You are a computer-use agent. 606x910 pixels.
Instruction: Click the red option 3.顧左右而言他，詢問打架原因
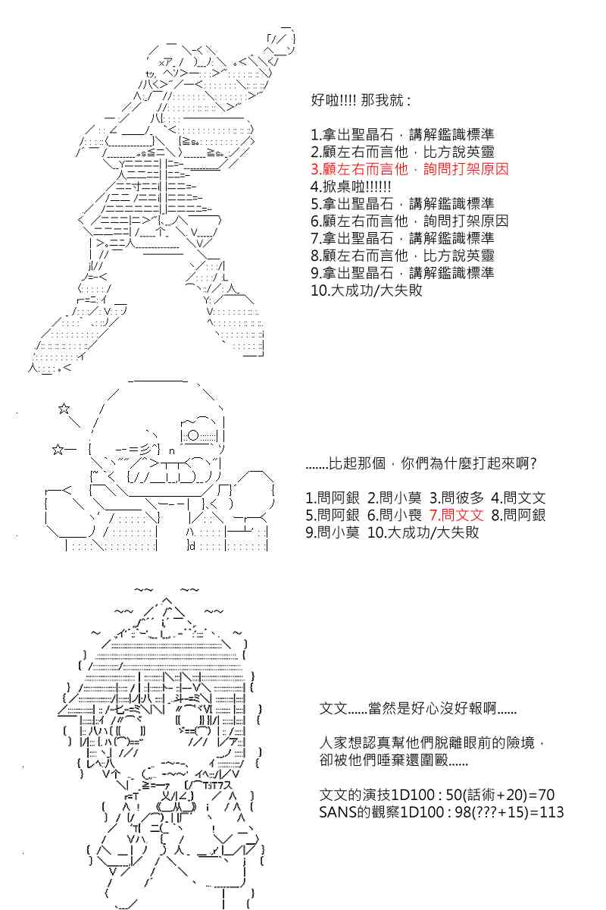click(410, 169)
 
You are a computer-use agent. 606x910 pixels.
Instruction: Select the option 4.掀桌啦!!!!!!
click(351, 187)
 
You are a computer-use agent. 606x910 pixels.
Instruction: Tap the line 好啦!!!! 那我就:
click(361, 100)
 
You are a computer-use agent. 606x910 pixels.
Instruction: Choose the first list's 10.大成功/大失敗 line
click(367, 290)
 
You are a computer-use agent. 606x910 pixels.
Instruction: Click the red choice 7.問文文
click(457, 515)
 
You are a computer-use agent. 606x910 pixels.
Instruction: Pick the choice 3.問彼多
click(457, 497)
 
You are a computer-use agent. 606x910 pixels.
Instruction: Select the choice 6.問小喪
click(395, 515)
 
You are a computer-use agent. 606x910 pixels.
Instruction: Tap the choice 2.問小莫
click(395, 497)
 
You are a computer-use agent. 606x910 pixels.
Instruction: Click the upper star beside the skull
click(64, 409)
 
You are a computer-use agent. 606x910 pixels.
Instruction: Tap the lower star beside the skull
click(58, 449)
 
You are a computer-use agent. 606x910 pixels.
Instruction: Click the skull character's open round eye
click(193, 435)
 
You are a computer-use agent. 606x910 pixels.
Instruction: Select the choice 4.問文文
click(518, 497)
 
